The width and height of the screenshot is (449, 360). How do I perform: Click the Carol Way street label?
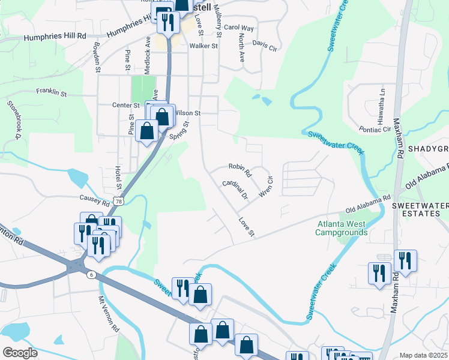pyautogui.click(x=239, y=28)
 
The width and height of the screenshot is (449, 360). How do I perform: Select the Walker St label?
pyautogui.click(x=203, y=46)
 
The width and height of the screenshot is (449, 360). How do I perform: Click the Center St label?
pyautogui.click(x=126, y=105)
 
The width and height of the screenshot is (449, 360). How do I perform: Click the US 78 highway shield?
pyautogui.click(x=119, y=203)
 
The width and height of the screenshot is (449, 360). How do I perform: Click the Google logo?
pyautogui.click(x=20, y=352)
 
